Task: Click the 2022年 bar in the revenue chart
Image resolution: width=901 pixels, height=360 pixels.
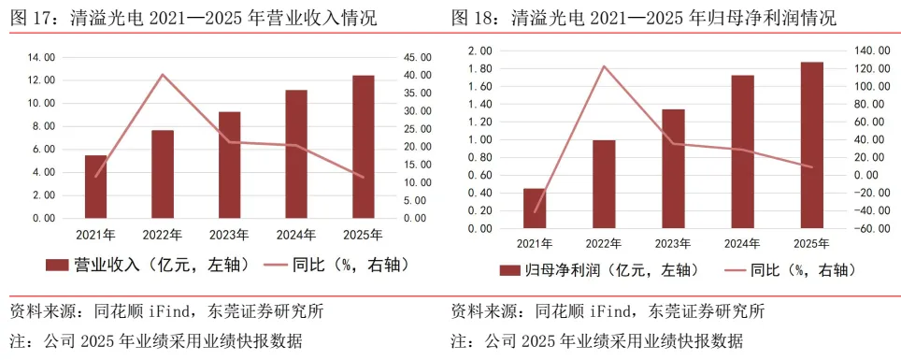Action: coord(163,174)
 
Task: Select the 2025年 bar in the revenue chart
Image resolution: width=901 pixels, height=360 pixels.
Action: coord(364,147)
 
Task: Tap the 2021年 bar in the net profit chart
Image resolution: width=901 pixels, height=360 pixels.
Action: coord(535,209)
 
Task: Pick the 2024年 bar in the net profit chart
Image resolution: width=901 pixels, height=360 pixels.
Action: coord(742,151)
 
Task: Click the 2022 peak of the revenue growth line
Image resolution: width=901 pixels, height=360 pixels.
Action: coord(163,74)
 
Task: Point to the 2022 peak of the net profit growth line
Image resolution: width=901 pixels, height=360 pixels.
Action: coord(604,66)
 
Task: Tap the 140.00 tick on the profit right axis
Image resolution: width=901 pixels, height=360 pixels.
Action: coord(865,51)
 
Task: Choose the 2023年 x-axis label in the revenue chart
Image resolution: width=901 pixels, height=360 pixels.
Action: coord(230,235)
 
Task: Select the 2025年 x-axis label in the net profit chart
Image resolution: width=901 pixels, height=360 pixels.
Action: coord(811,244)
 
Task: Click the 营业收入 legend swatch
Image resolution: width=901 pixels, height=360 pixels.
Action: coord(57,266)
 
